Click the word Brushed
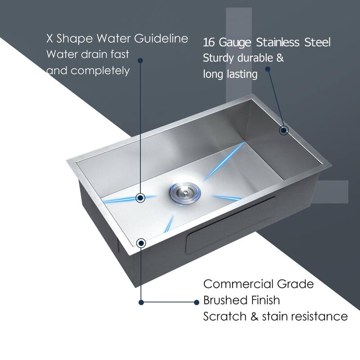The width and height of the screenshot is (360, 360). click(x=223, y=300)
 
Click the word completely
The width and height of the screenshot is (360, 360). click(x=99, y=71)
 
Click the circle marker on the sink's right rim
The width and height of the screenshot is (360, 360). click(x=283, y=130)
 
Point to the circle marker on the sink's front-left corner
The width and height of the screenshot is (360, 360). click(x=141, y=243)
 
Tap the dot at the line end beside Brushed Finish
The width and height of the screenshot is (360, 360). click(x=196, y=302)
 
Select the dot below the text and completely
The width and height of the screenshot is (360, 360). click(x=141, y=60)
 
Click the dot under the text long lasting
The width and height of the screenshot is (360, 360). click(x=268, y=69)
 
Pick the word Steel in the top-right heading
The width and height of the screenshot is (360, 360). click(x=317, y=43)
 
